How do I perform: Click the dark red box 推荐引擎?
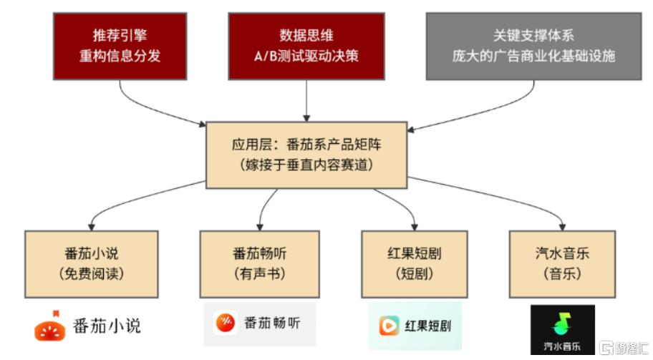[x=120, y=45]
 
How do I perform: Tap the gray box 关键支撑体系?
[x=533, y=45]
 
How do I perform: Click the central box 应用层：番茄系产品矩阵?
[x=307, y=154]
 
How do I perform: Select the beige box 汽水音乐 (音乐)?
[x=561, y=263]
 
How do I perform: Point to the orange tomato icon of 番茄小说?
[x=51, y=326]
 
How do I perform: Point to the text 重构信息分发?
[x=120, y=57]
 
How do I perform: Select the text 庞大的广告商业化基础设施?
[x=533, y=57]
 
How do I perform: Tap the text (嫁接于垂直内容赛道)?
[x=307, y=164]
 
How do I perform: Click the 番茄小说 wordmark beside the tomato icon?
[x=107, y=326]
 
